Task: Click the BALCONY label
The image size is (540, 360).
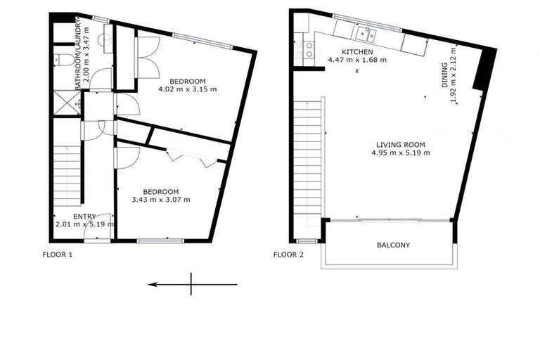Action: click(x=393, y=245)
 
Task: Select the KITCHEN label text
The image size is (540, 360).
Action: click(x=357, y=52)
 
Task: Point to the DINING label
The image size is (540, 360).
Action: click(x=444, y=73)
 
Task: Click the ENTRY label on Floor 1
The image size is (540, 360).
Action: click(x=84, y=217)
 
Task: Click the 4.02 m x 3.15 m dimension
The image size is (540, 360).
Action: click(x=188, y=89)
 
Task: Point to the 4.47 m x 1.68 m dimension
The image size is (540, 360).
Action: click(x=357, y=60)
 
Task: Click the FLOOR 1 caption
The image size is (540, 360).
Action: click(x=58, y=255)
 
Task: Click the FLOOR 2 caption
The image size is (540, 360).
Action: click(x=288, y=255)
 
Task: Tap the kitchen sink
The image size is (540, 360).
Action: click(x=366, y=32)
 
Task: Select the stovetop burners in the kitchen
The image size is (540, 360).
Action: click(x=307, y=49)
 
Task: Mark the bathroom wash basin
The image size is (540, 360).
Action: click(x=105, y=39)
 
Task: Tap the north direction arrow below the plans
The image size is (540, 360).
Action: click(x=191, y=285)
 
